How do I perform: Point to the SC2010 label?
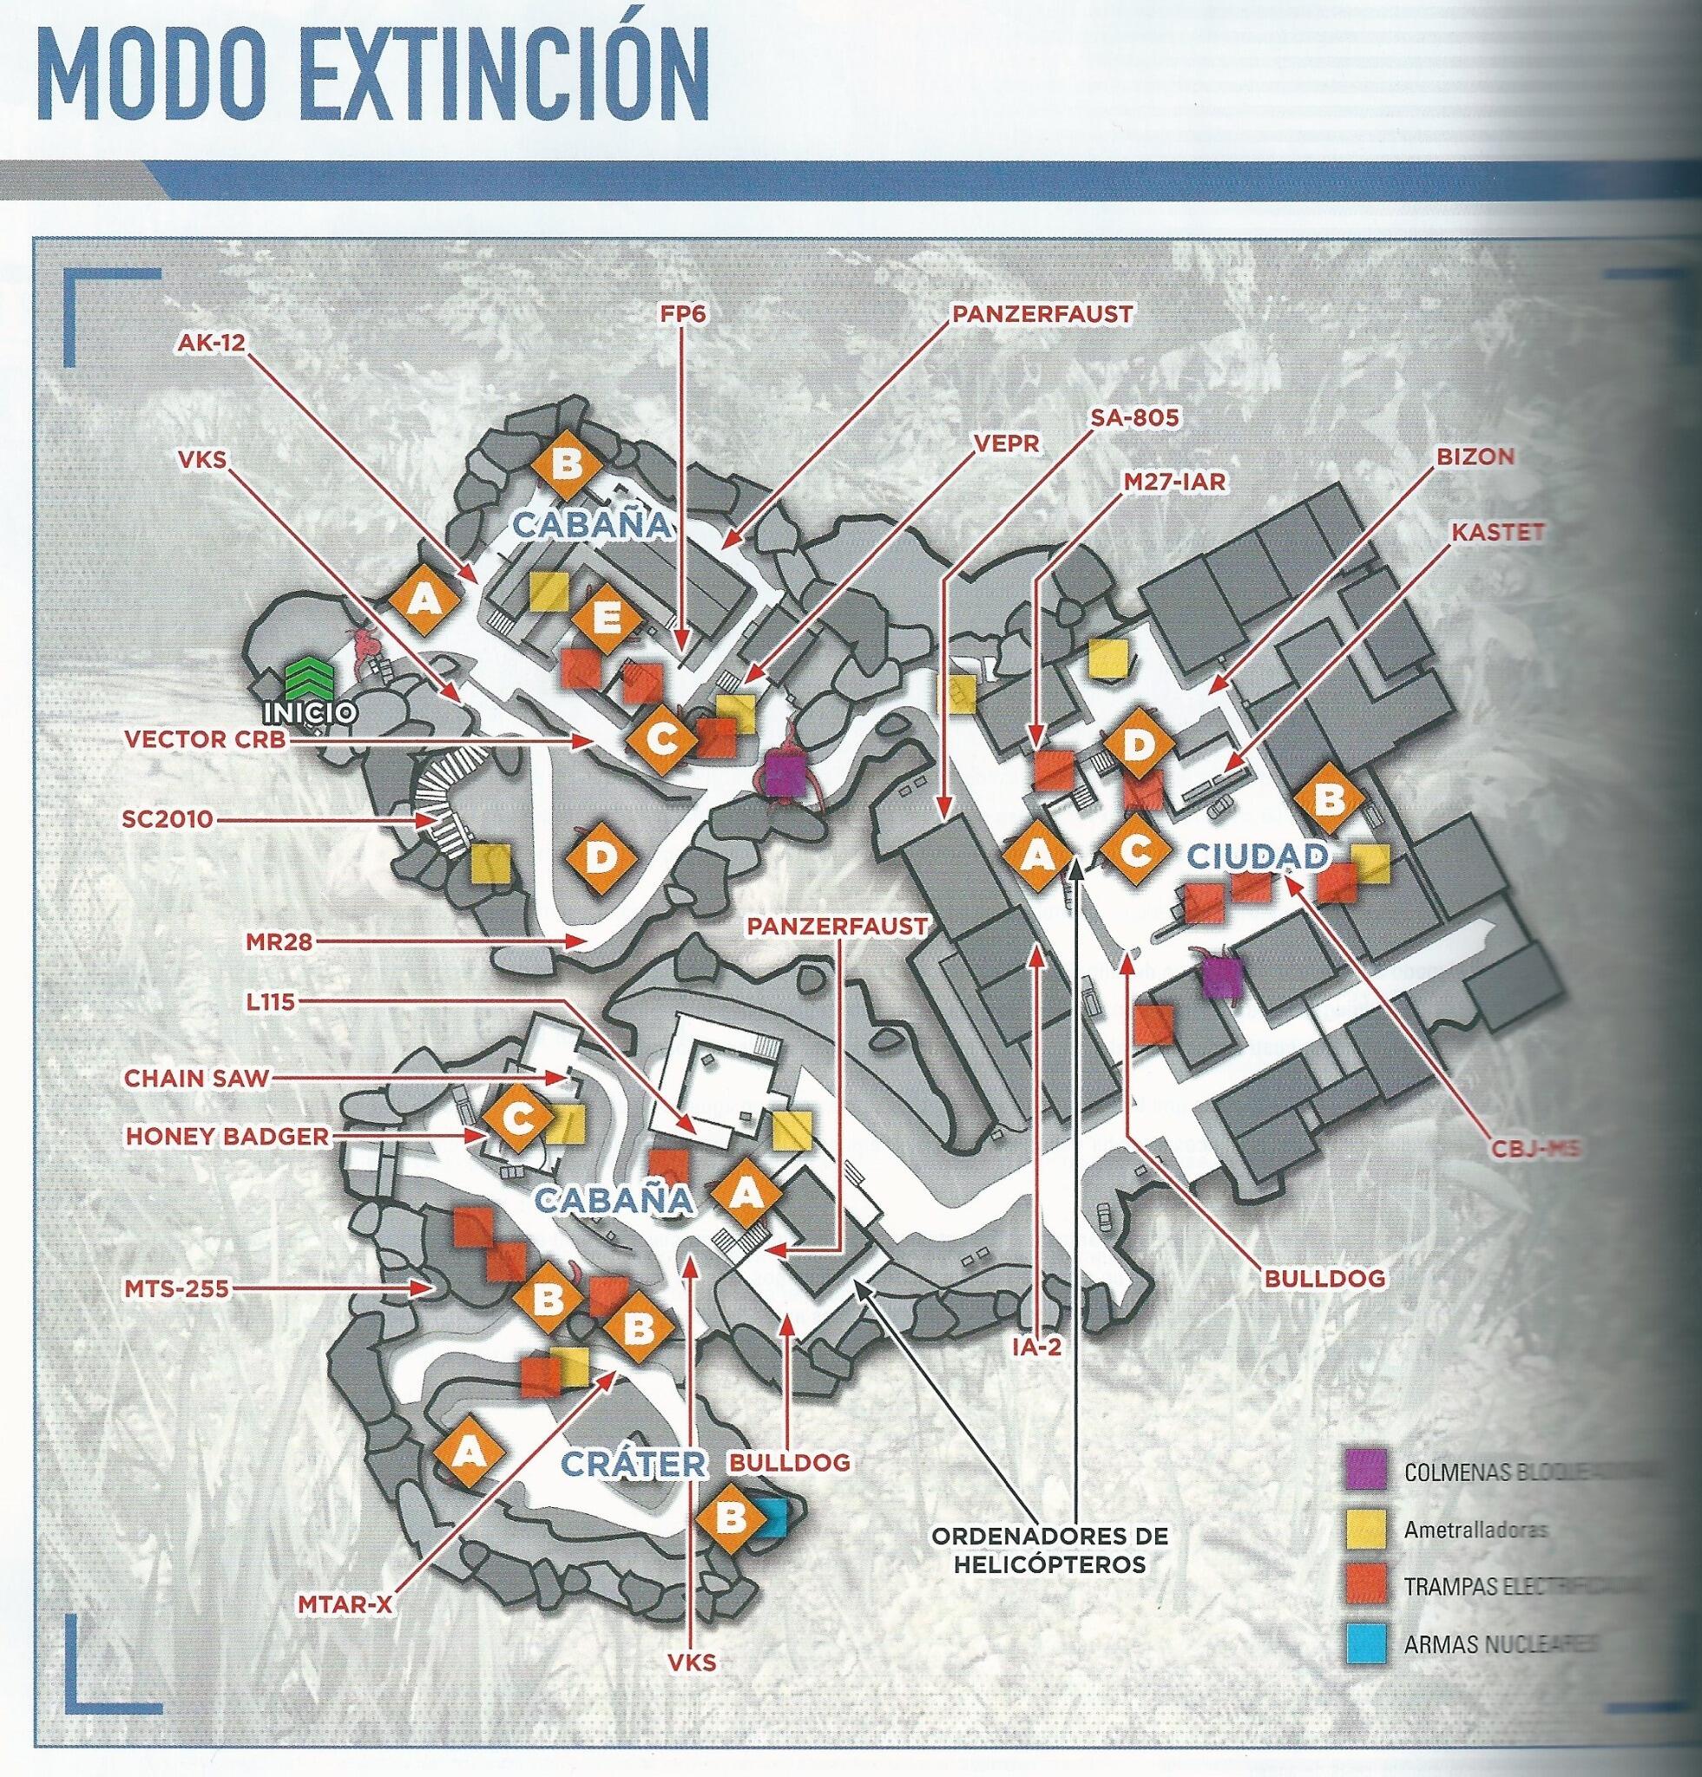(167, 820)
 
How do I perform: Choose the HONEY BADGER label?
(226, 1136)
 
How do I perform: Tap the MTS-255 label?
(175, 1288)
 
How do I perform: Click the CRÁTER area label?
(632, 1461)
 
